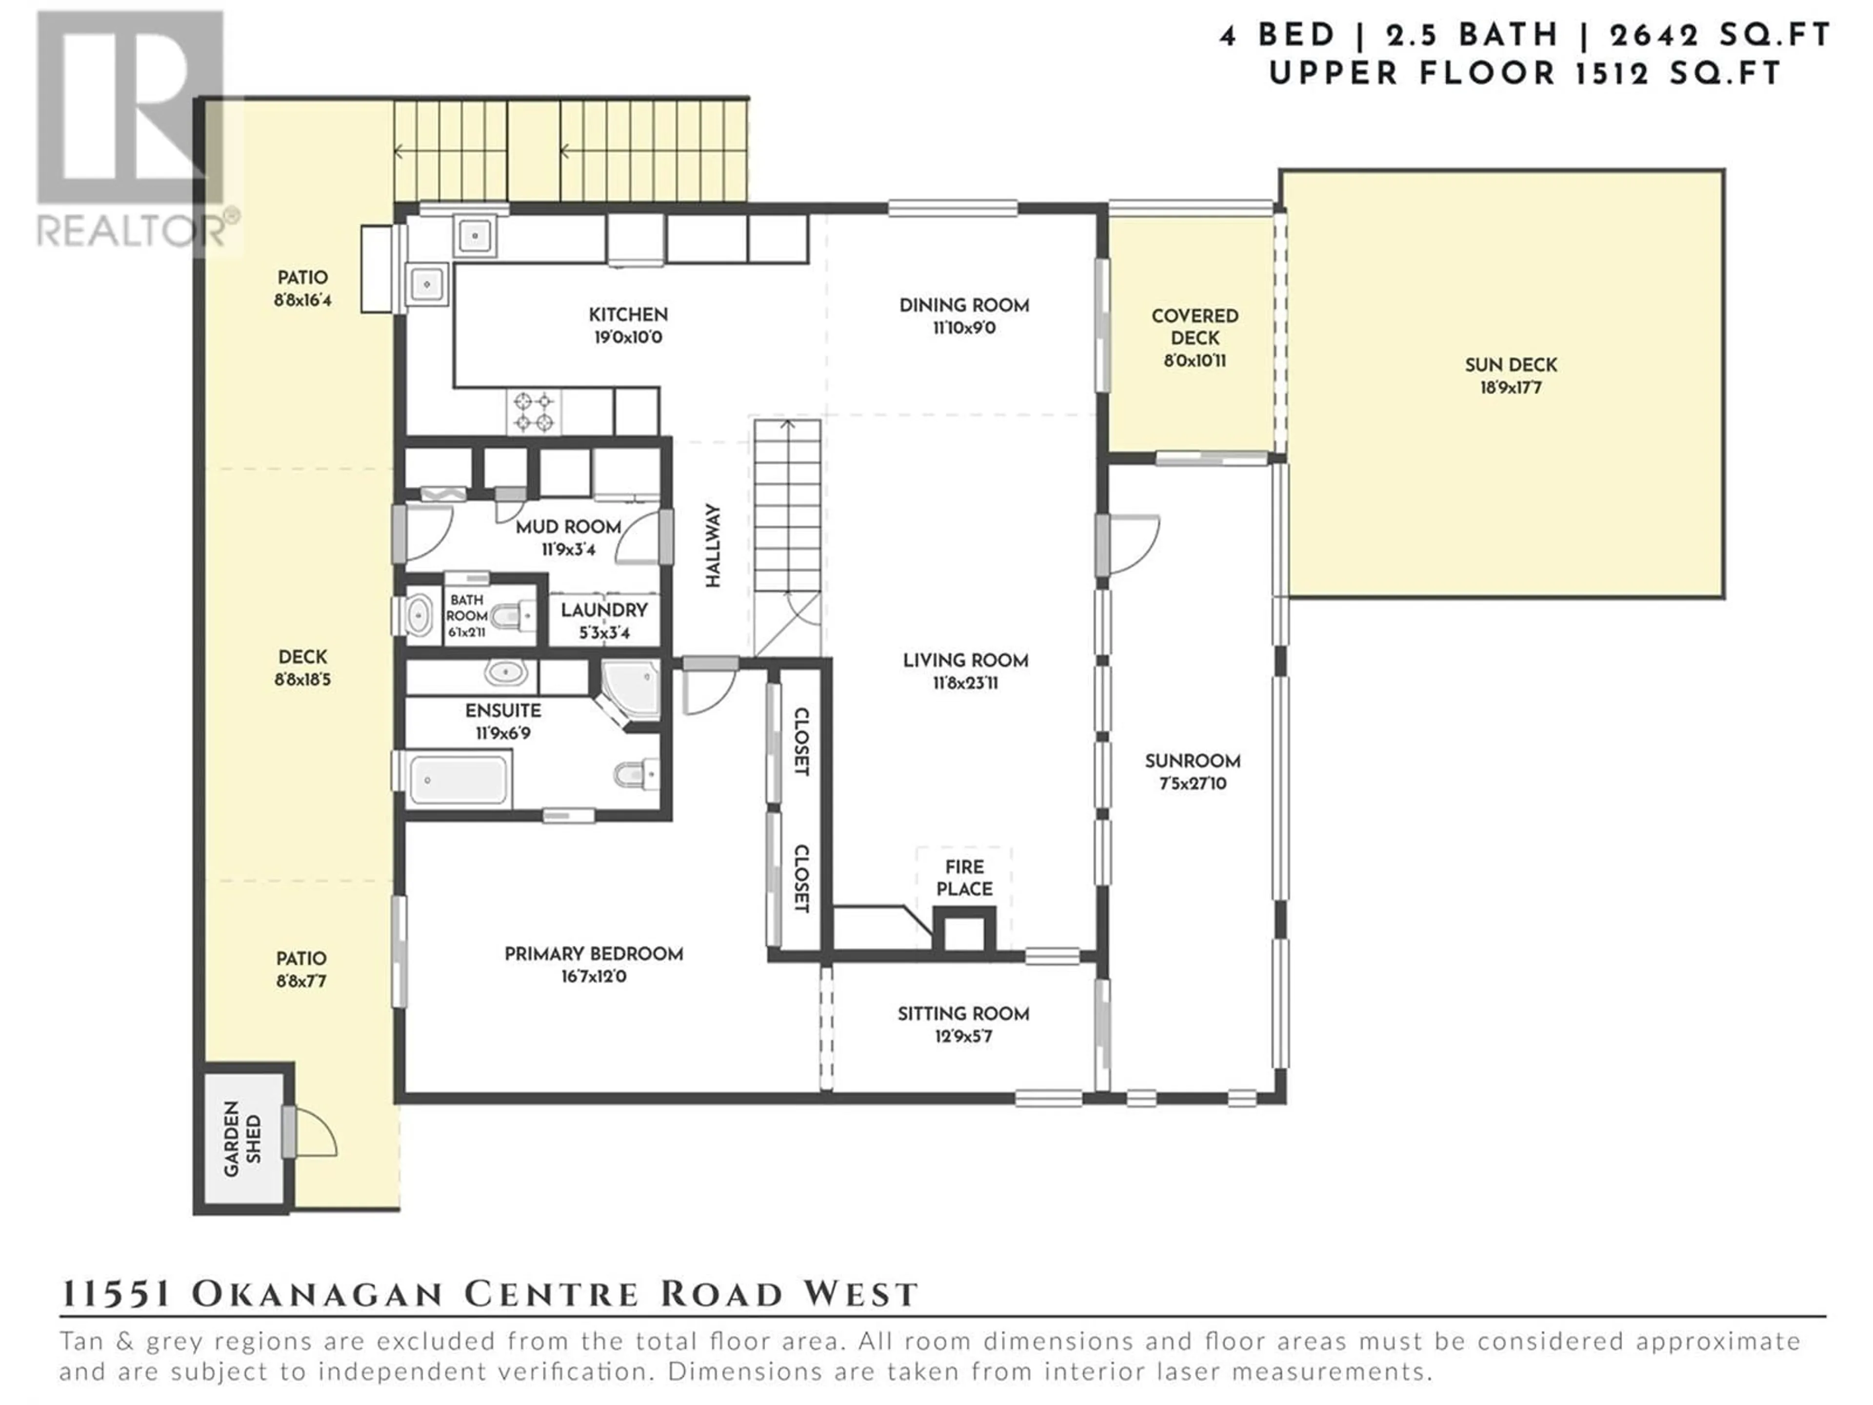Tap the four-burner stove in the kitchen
pos(534,412)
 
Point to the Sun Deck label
pos(1511,365)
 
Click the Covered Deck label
pos(1195,327)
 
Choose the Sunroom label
pos(1192,761)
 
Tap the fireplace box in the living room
pos(964,930)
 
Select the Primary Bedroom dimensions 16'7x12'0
pos(594,977)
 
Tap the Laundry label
pos(604,610)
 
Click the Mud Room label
pos(568,527)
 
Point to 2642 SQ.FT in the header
pos(1721,36)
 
